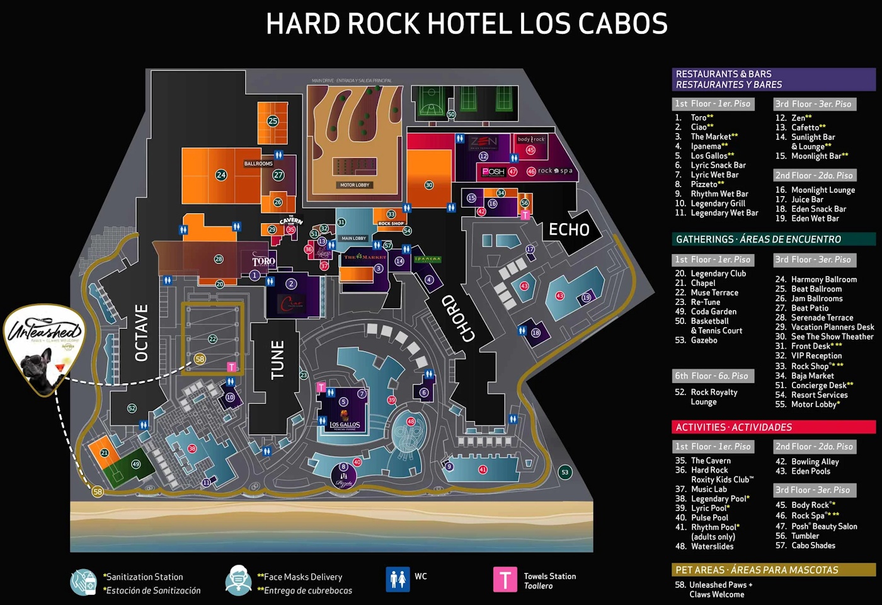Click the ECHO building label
coord(569,230)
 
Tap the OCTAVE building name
coord(142,333)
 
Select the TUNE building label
coord(277,360)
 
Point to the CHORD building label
coord(458,319)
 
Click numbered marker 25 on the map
coord(273,121)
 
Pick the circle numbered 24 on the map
coord(221,175)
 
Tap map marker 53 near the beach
coord(565,472)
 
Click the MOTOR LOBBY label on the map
coord(355,185)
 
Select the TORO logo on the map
coord(263,261)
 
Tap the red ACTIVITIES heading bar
coord(773,427)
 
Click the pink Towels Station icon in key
coord(505,580)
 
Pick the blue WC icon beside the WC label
coord(398,579)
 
